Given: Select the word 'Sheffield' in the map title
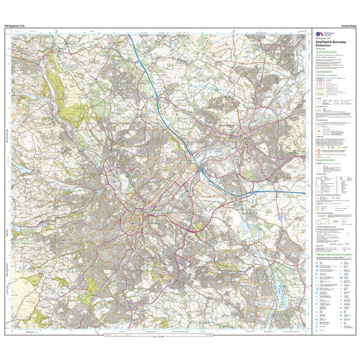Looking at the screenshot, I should point(323,44).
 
